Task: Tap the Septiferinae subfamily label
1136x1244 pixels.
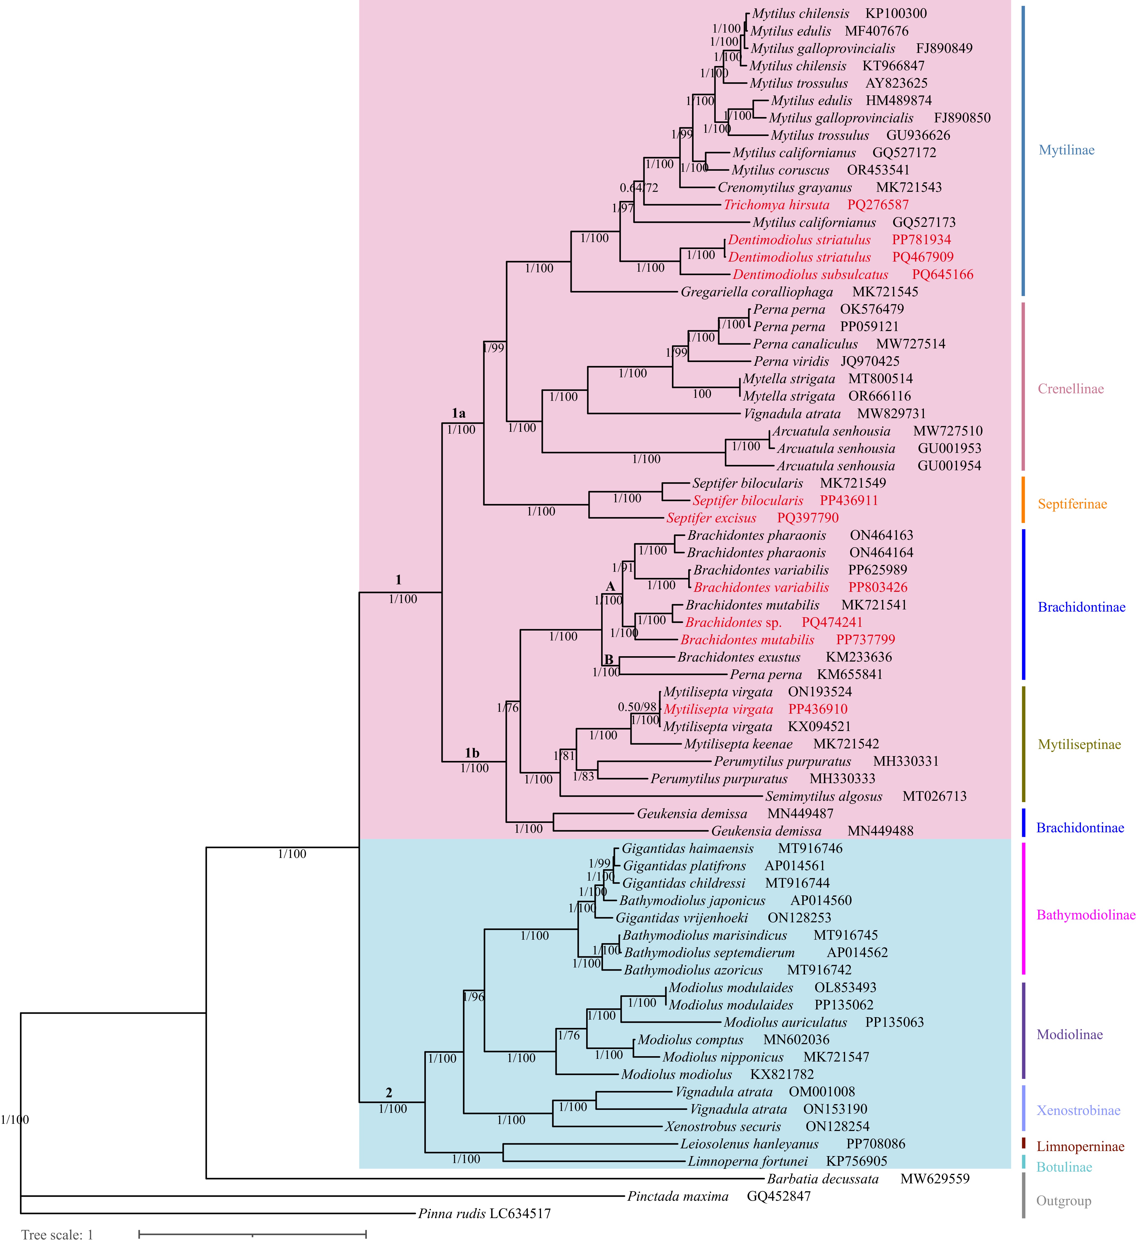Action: pyautogui.click(x=1072, y=504)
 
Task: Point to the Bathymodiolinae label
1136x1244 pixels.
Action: pyautogui.click(x=1086, y=915)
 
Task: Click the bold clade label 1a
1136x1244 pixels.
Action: pyautogui.click(x=458, y=413)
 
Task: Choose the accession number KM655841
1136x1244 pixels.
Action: pyautogui.click(x=850, y=674)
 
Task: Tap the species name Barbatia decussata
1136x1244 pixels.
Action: pyautogui.click(x=823, y=1179)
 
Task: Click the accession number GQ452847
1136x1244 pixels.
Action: pyautogui.click(x=779, y=1196)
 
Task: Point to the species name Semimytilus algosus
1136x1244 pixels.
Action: pyautogui.click(x=824, y=797)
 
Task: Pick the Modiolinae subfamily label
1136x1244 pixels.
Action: pyautogui.click(x=1069, y=1035)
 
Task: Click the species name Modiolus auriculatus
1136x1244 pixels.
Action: pyautogui.click(x=785, y=1023)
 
